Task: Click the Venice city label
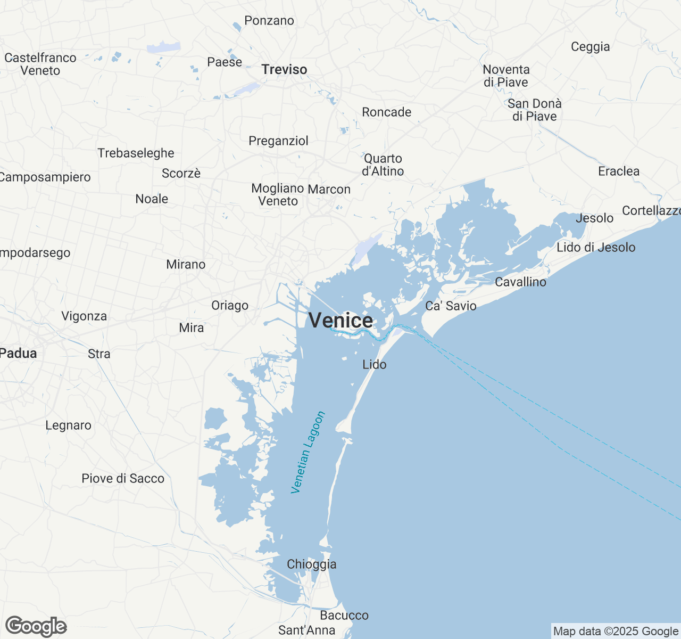click(x=340, y=321)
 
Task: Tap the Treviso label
click(x=284, y=70)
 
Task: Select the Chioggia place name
click(x=311, y=564)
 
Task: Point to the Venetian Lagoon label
click(x=308, y=452)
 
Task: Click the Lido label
click(x=374, y=365)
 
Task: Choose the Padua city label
click(x=19, y=354)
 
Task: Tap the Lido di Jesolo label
click(x=596, y=248)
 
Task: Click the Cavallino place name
click(x=520, y=282)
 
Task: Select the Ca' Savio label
click(x=451, y=306)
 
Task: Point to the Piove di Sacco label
click(x=123, y=479)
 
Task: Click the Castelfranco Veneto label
click(x=40, y=64)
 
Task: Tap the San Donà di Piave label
click(x=534, y=110)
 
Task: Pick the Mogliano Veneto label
click(x=278, y=195)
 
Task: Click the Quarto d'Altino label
click(x=383, y=165)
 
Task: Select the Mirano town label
click(x=186, y=265)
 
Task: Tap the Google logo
click(x=36, y=627)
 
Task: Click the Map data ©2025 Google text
click(x=616, y=632)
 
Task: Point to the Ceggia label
click(x=590, y=47)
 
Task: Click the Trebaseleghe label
click(x=136, y=153)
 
